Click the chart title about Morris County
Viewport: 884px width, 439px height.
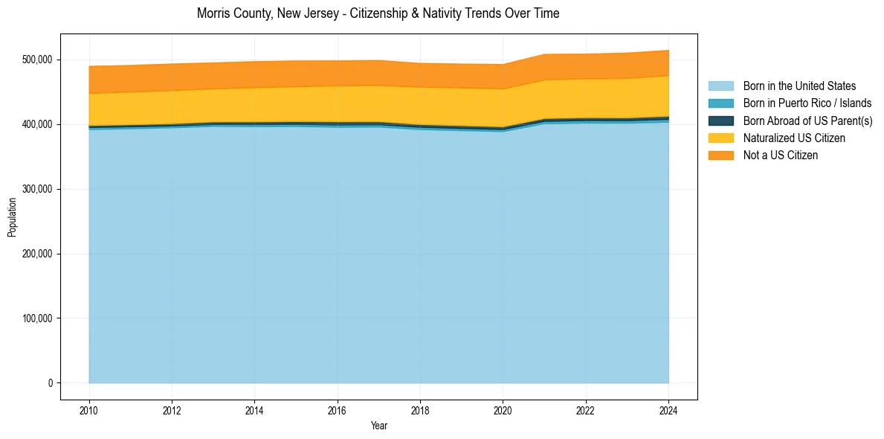click(378, 13)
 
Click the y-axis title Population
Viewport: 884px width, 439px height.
click(12, 217)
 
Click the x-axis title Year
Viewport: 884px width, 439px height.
click(378, 426)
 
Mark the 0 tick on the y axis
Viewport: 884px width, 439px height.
click(50, 383)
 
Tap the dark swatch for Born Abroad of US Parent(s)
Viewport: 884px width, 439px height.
click(720, 121)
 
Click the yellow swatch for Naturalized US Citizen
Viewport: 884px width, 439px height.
click(720, 138)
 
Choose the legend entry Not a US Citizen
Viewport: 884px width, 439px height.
click(781, 155)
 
